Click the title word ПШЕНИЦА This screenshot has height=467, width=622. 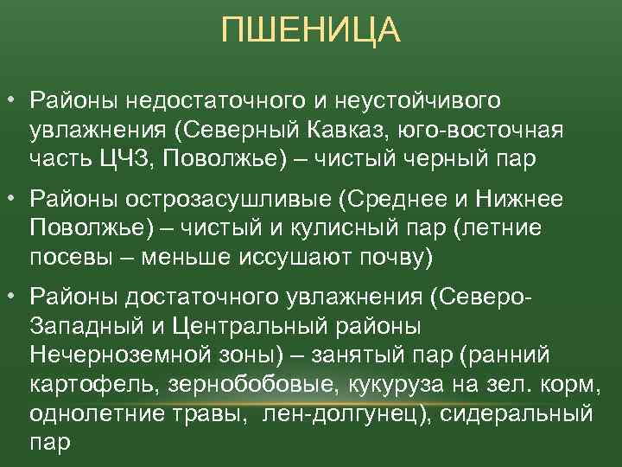(x=311, y=32)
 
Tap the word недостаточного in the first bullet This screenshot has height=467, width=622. (x=198, y=102)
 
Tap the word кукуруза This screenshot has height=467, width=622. (x=405, y=383)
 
